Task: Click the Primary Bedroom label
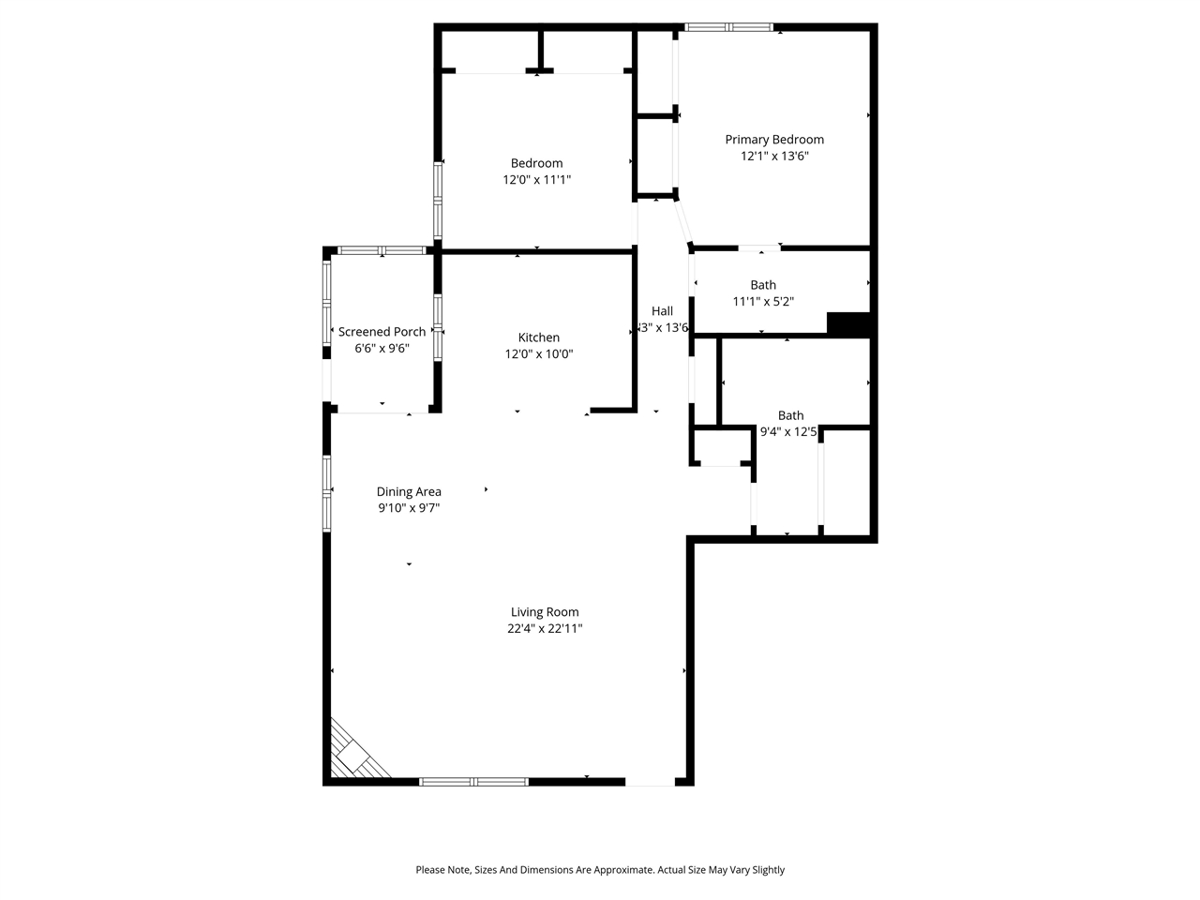[x=774, y=140]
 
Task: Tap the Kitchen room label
[x=539, y=337]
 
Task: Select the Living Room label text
[x=545, y=612]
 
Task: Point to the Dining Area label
[x=409, y=491]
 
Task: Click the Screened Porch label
[x=382, y=332]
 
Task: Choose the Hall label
[x=662, y=311]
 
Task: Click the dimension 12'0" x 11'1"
[x=536, y=180]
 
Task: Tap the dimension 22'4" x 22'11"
[x=545, y=629]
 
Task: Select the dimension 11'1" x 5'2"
[x=763, y=302]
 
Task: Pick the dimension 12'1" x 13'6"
[x=774, y=157]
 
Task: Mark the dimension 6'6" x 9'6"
[x=382, y=349]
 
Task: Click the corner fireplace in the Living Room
[x=356, y=754]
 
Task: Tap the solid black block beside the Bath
[x=849, y=323]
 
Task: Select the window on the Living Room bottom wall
[x=473, y=781]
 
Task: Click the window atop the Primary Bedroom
[x=728, y=27]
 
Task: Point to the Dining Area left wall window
[x=327, y=493]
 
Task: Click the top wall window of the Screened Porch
[x=381, y=250]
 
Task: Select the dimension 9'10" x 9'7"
[x=409, y=508]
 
